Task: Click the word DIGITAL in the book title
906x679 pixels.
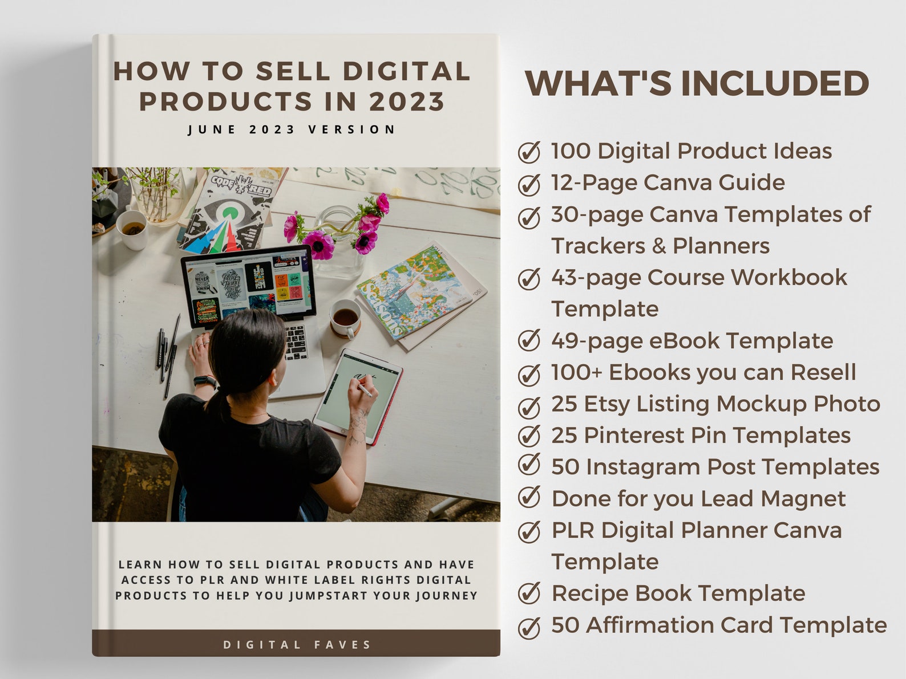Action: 406,72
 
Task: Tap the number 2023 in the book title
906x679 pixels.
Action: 406,102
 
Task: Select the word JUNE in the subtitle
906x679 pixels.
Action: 212,130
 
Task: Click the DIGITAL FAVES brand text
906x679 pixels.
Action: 297,645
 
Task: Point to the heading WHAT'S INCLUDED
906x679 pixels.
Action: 697,83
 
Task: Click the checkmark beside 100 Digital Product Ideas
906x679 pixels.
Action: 529,152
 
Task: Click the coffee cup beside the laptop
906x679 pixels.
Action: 345,317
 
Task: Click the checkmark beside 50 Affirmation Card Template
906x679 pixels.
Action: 529,627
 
